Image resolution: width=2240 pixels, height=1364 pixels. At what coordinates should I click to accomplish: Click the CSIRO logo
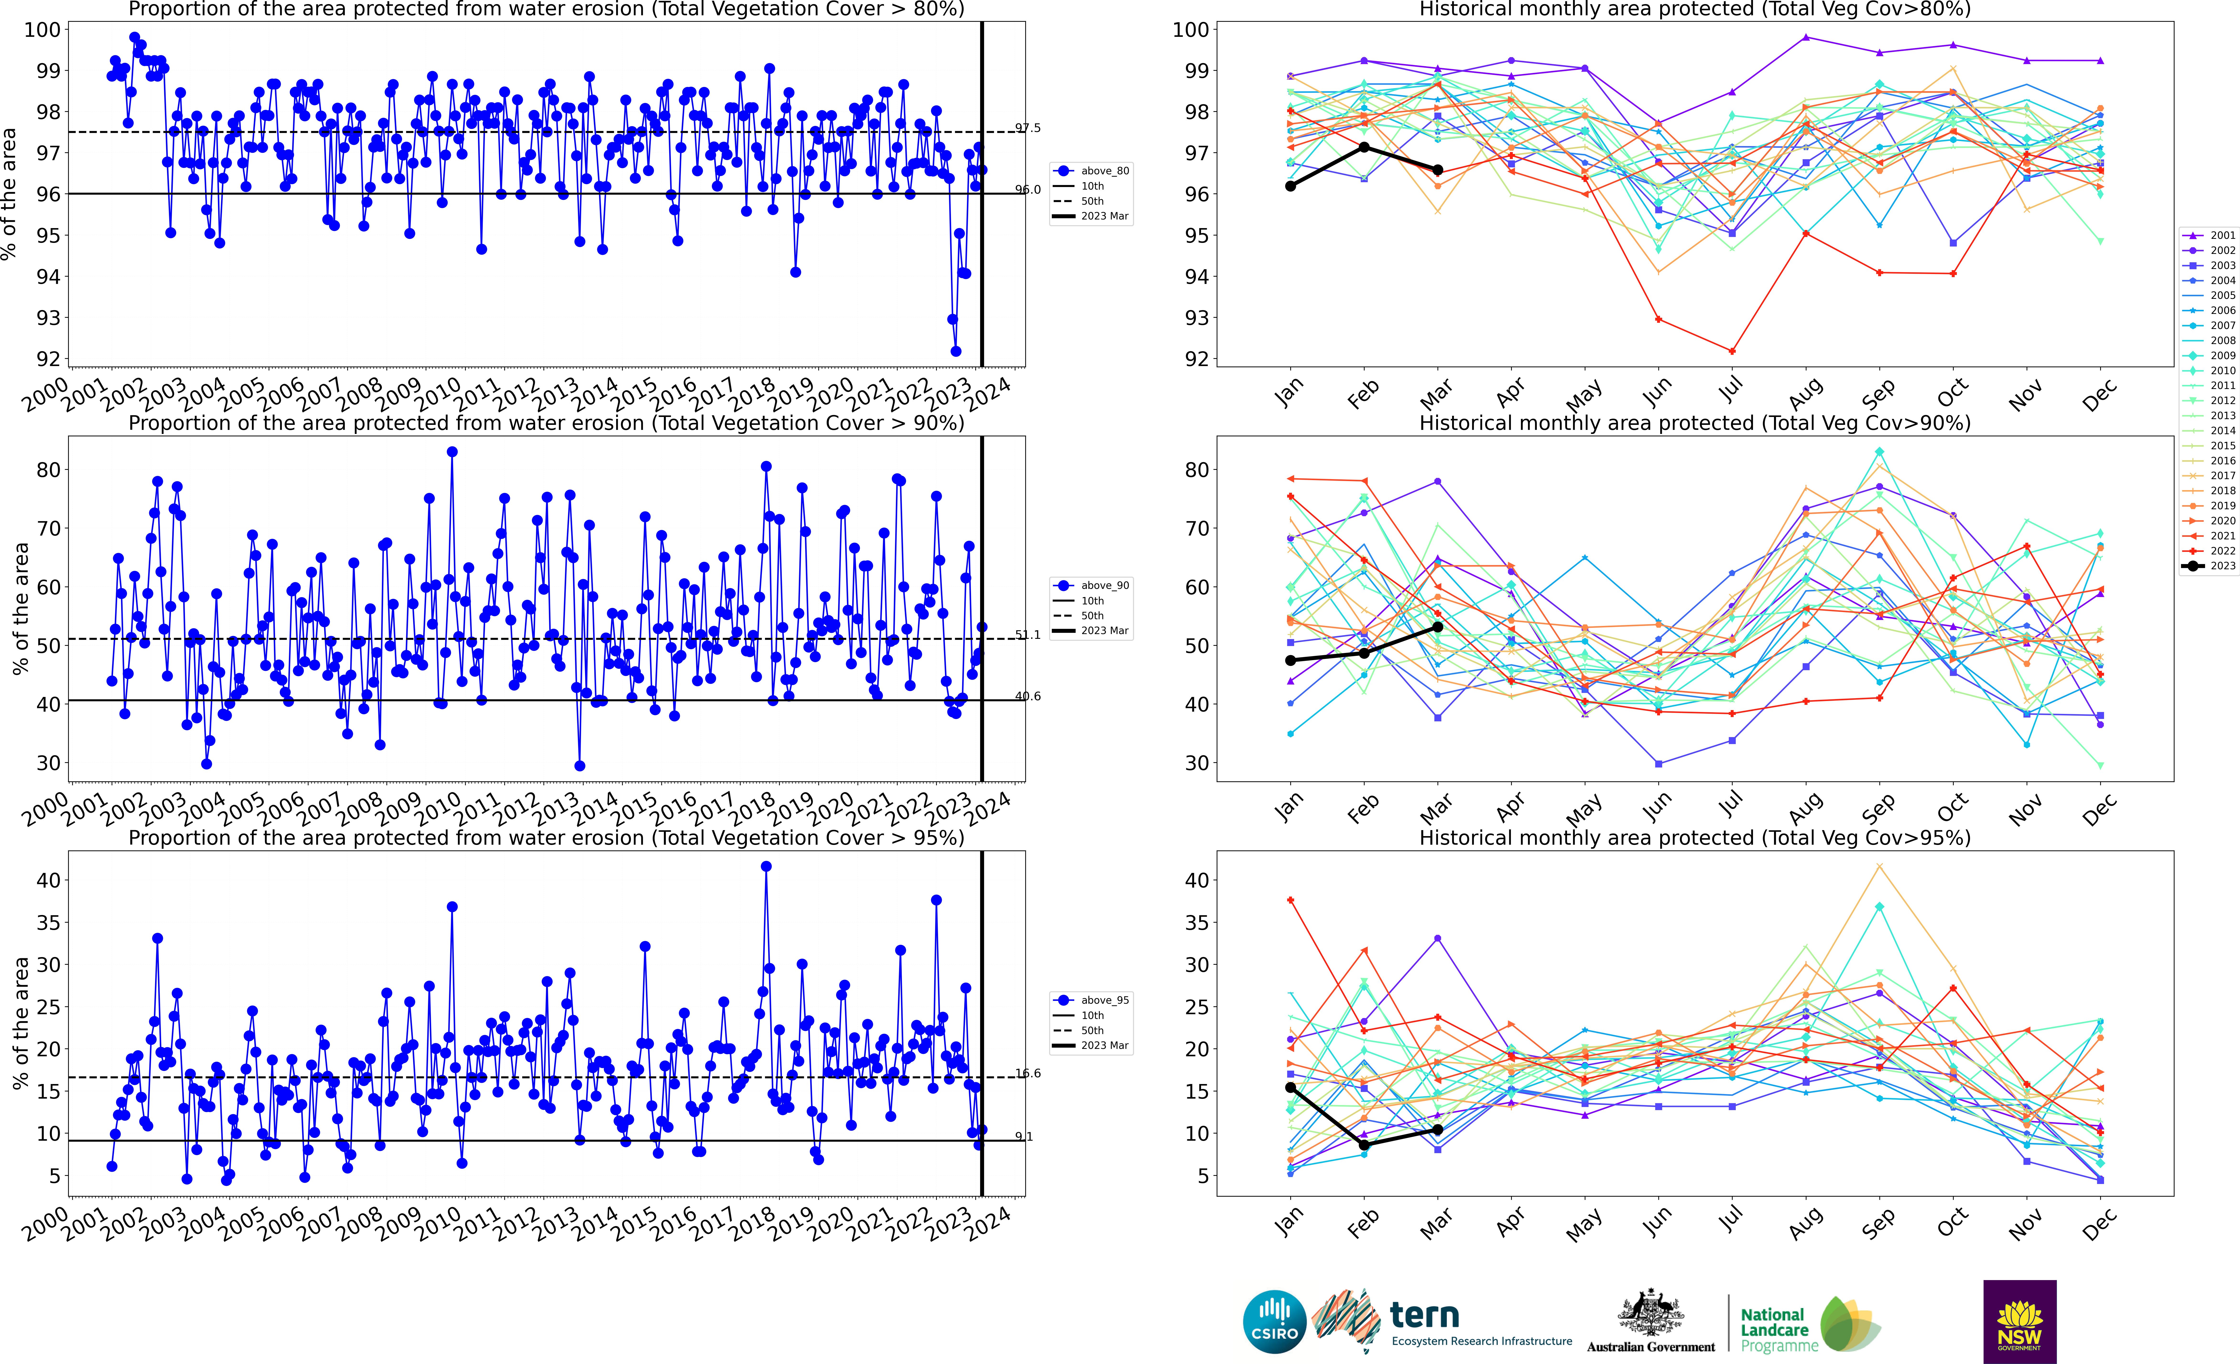1274,1321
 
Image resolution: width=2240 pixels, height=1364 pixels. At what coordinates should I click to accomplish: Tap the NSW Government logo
2019,1321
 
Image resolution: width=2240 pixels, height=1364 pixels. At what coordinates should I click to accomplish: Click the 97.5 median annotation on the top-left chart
1028,128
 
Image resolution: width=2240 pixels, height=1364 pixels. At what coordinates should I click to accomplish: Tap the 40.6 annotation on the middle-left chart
1028,696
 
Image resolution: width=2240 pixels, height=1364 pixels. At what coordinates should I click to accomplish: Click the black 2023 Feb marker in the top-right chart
1364,147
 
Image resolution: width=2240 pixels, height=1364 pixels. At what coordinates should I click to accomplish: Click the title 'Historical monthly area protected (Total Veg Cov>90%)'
1695,423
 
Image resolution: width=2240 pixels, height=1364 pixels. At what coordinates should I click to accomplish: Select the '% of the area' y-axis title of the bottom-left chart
20,1023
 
